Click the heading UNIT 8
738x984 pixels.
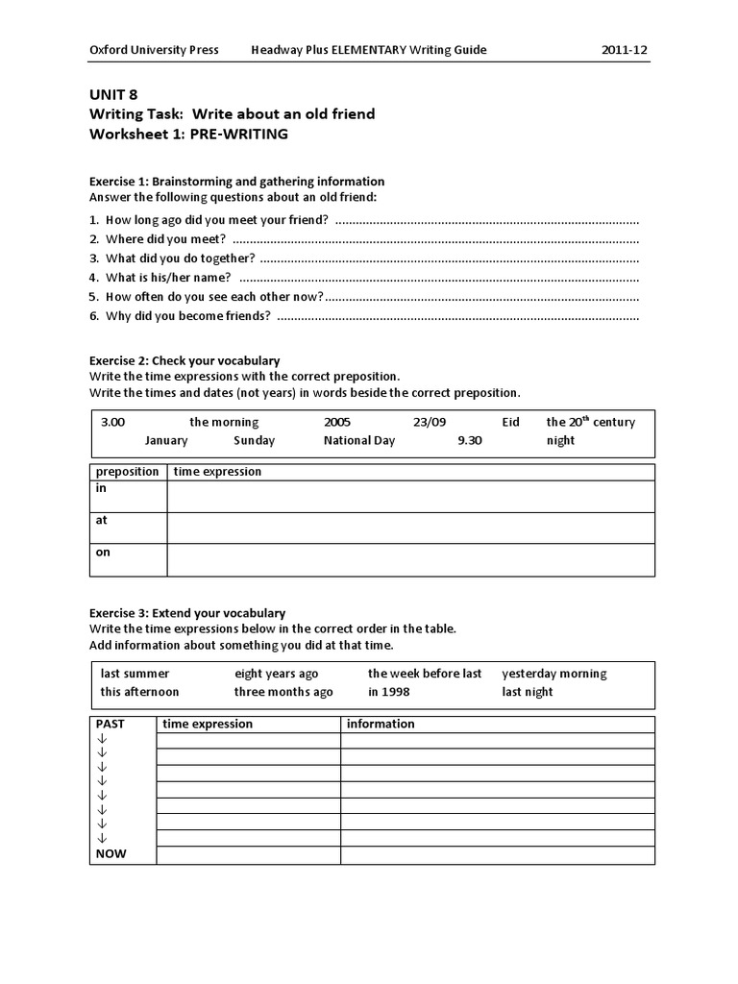pyautogui.click(x=113, y=94)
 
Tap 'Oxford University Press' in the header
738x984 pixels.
pyautogui.click(x=154, y=50)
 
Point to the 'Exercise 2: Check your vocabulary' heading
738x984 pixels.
pyautogui.click(x=184, y=360)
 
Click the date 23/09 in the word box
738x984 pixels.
pyautogui.click(x=430, y=422)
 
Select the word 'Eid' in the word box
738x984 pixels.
pyautogui.click(x=510, y=422)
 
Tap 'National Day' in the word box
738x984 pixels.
pyautogui.click(x=359, y=440)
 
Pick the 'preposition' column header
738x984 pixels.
pyautogui.click(x=128, y=472)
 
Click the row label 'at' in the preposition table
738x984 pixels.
pyautogui.click(x=101, y=520)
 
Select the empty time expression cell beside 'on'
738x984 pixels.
pyautogui.click(x=411, y=560)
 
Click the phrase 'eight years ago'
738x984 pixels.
pyautogui.click(x=276, y=674)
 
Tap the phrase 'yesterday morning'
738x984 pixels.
pyautogui.click(x=554, y=674)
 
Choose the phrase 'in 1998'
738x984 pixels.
pyautogui.click(x=389, y=692)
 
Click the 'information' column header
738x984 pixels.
pyautogui.click(x=381, y=724)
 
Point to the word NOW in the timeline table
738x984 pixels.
pyautogui.click(x=111, y=853)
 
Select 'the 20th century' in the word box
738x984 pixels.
pyautogui.click(x=590, y=422)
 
